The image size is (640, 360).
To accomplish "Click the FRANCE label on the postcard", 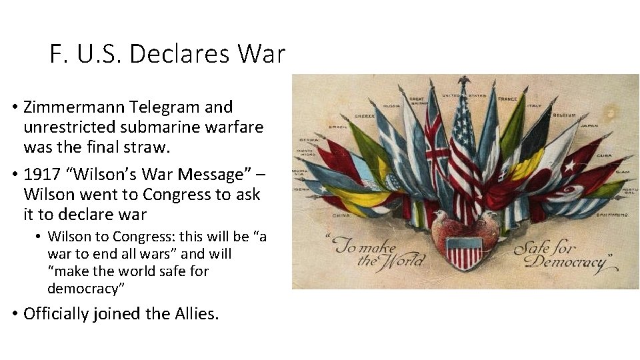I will (507, 99).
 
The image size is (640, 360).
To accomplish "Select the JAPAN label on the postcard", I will (589, 125).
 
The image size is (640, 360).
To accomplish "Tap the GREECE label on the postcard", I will (364, 115).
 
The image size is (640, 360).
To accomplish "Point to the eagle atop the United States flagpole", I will (464, 81).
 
